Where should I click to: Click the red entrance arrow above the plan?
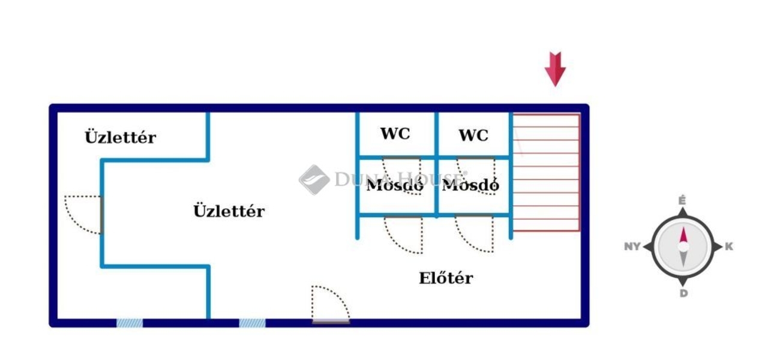click(x=555, y=68)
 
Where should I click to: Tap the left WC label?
click(x=395, y=134)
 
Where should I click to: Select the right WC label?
click(x=473, y=135)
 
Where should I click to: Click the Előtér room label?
click(x=446, y=278)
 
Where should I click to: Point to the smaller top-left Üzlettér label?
click(x=120, y=137)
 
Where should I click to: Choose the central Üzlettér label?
click(x=229, y=211)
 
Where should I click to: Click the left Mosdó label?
click(x=395, y=185)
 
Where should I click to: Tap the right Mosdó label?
click(x=470, y=185)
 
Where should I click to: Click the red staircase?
click(x=546, y=172)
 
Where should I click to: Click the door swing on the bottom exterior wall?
click(x=330, y=304)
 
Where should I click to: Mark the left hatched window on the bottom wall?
click(x=130, y=323)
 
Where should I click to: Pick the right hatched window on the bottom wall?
click(x=252, y=323)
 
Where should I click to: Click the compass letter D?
click(x=683, y=293)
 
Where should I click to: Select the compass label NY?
click(x=632, y=247)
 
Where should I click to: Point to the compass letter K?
click(x=729, y=247)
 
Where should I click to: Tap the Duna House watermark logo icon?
click(x=314, y=179)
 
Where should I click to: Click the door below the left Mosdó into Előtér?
click(x=403, y=234)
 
